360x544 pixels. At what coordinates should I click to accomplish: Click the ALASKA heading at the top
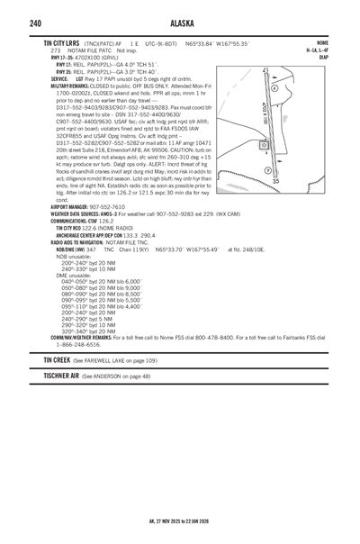pyautogui.click(x=180, y=23)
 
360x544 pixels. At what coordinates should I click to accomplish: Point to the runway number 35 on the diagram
pyautogui.click(x=276, y=181)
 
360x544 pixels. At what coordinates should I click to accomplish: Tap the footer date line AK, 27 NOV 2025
pyautogui.click(x=180, y=520)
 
